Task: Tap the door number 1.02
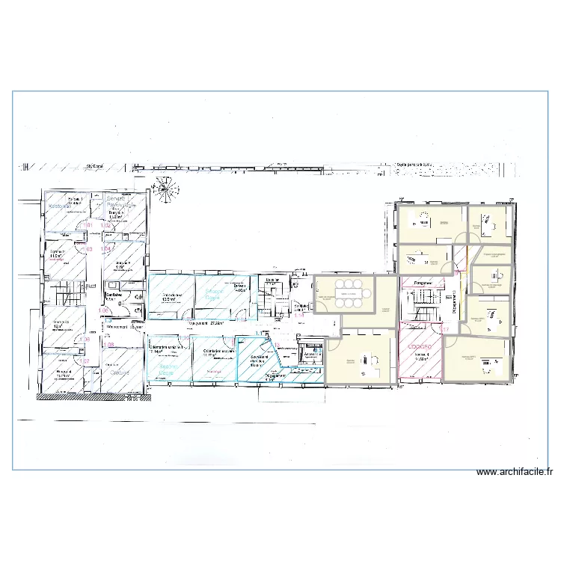pyautogui.click(x=105, y=224)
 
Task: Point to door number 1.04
pyautogui.click(x=106, y=248)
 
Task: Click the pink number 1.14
pyautogui.click(x=299, y=315)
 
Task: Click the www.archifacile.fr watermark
pyautogui.click(x=515, y=472)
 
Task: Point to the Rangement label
pyautogui.click(x=424, y=283)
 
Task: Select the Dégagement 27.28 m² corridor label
pyautogui.click(x=207, y=324)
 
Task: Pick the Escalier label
pyautogui.click(x=272, y=280)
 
